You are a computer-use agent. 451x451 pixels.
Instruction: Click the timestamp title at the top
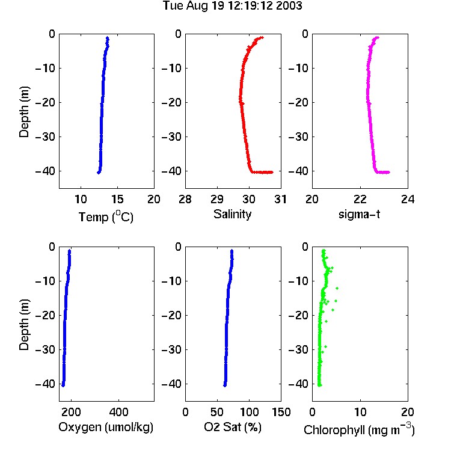[x=232, y=5]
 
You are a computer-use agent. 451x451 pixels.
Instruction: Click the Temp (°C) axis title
[x=106, y=216]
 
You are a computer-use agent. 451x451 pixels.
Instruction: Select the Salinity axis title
[x=232, y=214]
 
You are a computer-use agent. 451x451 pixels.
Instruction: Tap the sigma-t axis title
[x=359, y=214]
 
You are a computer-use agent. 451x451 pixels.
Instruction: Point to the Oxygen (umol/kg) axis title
[x=106, y=427]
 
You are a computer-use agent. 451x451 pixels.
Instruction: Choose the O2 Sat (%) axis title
[x=232, y=427]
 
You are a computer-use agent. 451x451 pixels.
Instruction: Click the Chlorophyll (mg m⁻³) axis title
[x=359, y=429]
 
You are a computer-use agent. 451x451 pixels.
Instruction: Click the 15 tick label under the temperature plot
[x=117, y=199]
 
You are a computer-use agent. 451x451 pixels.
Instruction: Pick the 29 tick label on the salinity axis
[x=217, y=199]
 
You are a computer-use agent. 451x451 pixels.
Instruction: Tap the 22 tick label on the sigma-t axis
[x=360, y=199]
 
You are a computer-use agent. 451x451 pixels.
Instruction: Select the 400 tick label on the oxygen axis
[x=119, y=412]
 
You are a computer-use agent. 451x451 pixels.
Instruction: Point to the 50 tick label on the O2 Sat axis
[x=217, y=412]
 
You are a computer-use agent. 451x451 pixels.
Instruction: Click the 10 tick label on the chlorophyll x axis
[x=360, y=412]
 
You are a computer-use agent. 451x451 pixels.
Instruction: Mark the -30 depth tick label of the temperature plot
[x=45, y=137]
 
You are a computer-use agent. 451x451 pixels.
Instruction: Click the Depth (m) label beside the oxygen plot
[x=24, y=325]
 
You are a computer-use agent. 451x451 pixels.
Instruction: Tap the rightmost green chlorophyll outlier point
[x=337, y=288]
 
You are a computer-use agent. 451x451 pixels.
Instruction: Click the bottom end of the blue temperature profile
[x=99, y=173]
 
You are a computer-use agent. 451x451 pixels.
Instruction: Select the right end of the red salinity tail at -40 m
[x=272, y=173]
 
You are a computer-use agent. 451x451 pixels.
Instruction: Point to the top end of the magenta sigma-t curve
[x=378, y=37]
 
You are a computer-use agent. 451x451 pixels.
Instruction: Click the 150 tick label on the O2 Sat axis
[x=281, y=412]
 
